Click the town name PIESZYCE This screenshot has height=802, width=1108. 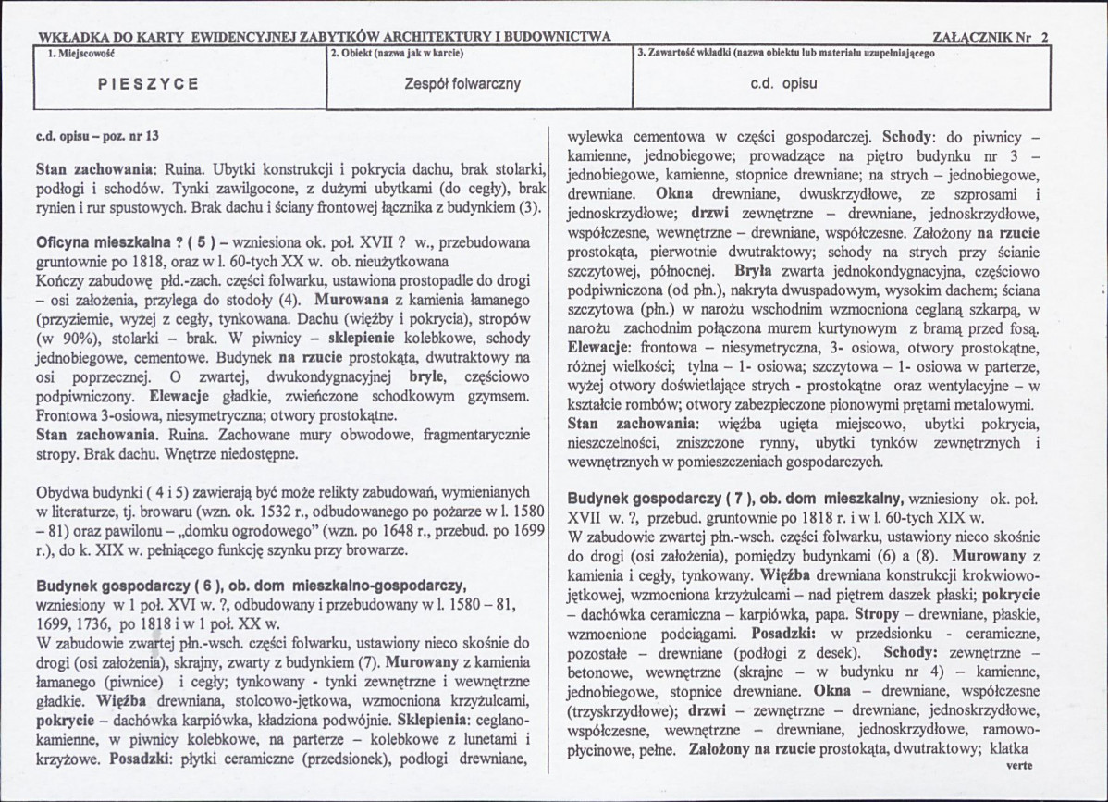[x=148, y=83]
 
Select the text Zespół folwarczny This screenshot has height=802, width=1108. [x=462, y=83]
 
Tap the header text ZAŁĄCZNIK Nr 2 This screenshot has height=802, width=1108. [x=991, y=38]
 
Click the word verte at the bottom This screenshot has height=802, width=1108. [x=1016, y=766]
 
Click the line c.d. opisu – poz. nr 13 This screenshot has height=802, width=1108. [x=97, y=135]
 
